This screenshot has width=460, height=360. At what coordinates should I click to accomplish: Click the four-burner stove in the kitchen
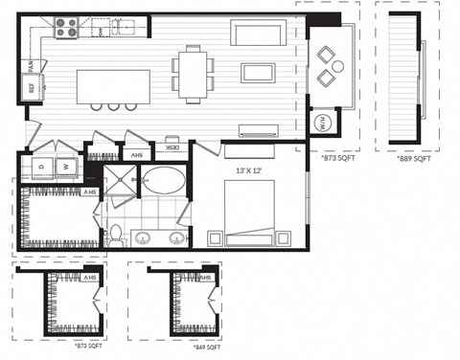coord(64,29)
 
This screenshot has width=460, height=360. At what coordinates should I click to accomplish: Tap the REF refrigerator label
coord(31,88)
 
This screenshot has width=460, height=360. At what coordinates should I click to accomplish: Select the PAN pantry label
coord(33,66)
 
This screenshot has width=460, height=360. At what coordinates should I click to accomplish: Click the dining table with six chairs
coord(195,74)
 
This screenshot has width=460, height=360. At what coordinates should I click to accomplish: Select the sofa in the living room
coord(260,34)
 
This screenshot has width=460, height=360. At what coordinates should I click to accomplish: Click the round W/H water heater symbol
coord(322,124)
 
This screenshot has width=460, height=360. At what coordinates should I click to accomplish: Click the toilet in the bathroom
coord(115,233)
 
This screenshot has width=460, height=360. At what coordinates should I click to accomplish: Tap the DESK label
coord(172,149)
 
